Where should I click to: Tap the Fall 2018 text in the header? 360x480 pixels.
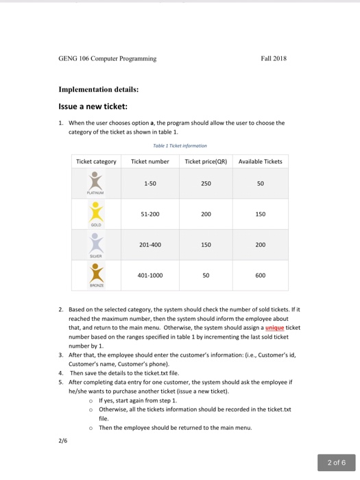pos(273,58)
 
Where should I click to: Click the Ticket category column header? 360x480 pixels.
pos(96,162)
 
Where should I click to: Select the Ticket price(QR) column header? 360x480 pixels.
pos(206,162)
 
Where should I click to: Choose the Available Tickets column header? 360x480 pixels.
pos(260,162)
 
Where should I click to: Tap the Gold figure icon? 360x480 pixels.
pos(97,213)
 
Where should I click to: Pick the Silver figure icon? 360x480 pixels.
pos(97,243)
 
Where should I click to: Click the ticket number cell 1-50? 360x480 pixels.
pos(149,184)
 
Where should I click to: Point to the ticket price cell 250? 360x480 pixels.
pos(206,184)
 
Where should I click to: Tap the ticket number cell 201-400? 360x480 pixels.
pos(149,245)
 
